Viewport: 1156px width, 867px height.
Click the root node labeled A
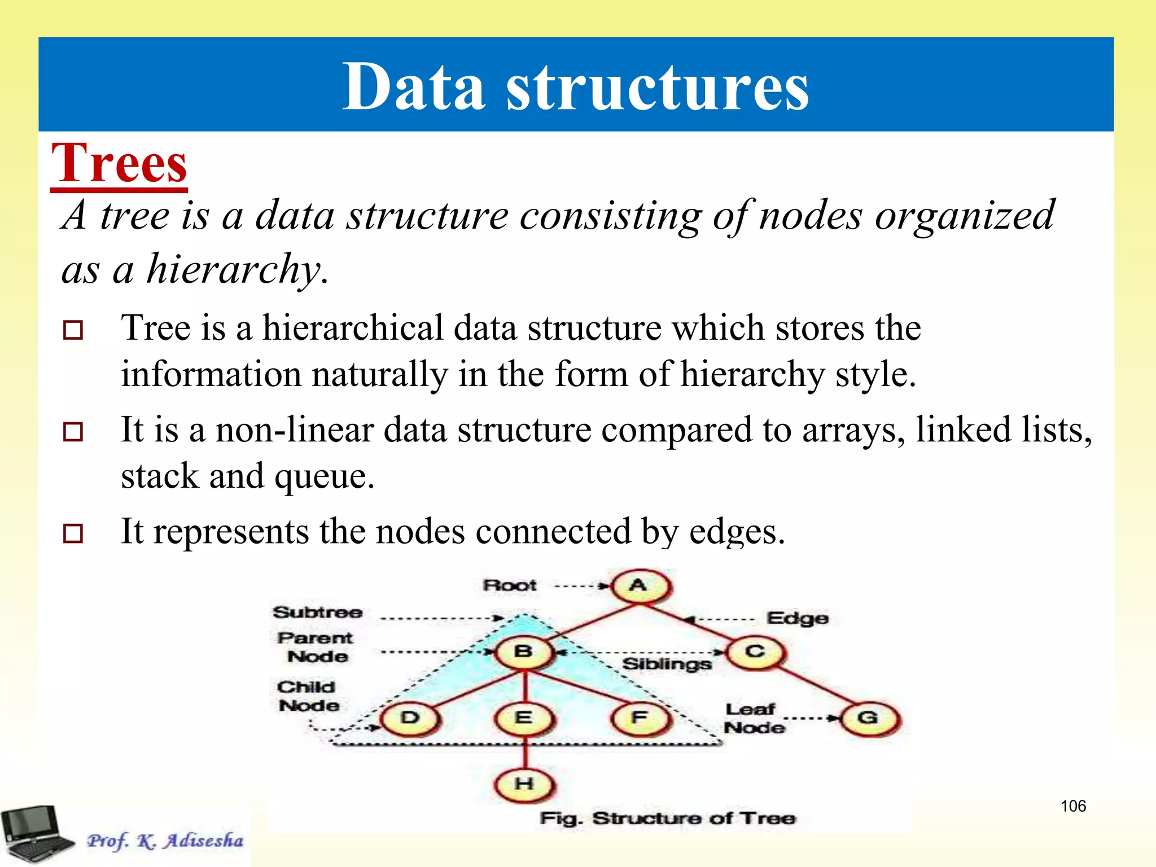coord(640,586)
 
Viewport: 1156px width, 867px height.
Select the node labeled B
coord(524,652)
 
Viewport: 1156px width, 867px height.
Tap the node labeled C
coord(755,652)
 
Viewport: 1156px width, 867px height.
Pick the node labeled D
coord(410,718)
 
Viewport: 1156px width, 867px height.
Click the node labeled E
coord(524,718)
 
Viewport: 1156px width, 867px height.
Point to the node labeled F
coord(640,718)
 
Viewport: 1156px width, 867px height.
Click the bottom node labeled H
coord(524,784)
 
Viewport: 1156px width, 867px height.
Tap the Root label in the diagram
coord(510,585)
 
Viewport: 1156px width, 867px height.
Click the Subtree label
coord(318,612)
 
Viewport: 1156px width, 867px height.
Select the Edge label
coord(798,619)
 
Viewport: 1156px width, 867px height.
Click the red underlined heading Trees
coord(119,164)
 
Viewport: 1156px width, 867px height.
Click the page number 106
coord(1073,806)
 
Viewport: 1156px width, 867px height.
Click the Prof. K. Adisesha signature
coord(165,840)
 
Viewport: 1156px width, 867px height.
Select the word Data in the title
coord(413,87)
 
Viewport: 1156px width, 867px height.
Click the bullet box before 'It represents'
coord(73,533)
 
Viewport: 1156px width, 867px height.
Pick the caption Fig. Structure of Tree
coord(667,818)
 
